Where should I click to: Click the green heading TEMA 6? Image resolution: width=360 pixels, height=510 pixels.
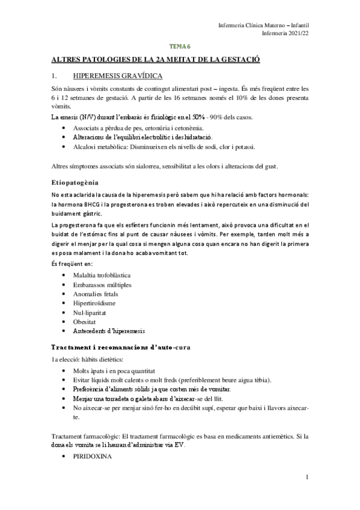179,46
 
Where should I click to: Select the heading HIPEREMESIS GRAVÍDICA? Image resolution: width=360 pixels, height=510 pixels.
111,76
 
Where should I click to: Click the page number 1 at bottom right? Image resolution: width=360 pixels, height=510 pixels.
307,478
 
